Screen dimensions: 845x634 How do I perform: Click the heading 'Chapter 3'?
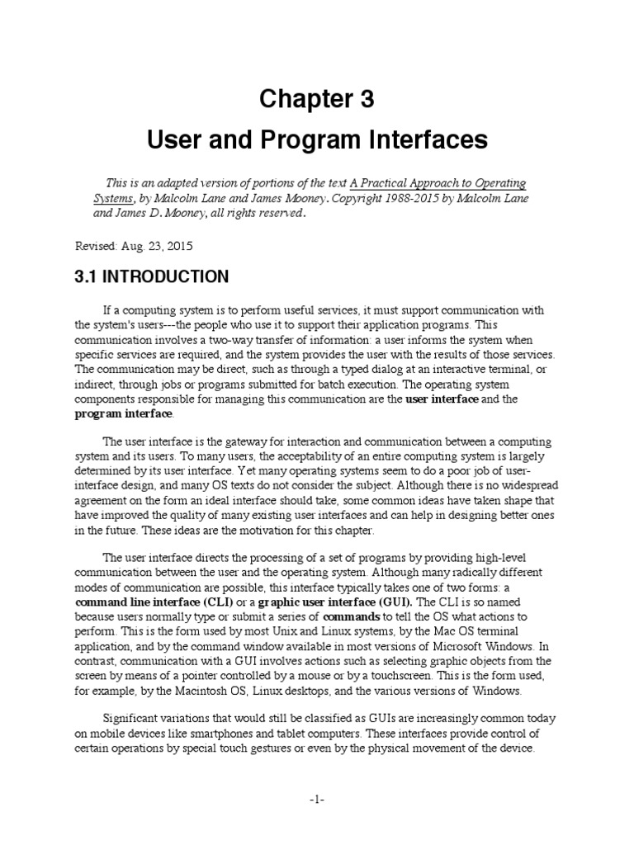coord(317,100)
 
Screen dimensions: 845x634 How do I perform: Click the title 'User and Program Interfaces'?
coord(317,140)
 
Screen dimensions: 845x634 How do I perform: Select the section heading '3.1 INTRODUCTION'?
coord(151,276)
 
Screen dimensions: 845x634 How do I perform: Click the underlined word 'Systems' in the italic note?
coord(111,198)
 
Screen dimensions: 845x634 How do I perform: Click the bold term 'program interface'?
coord(124,413)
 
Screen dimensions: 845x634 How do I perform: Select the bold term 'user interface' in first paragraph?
coord(442,399)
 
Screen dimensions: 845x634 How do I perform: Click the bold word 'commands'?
coord(351,616)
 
